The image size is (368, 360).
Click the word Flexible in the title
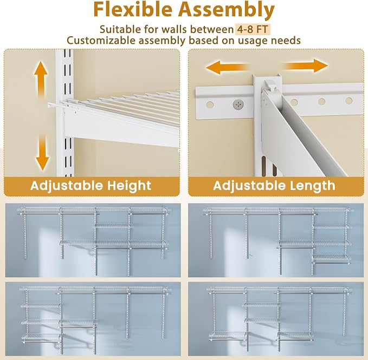[x=133, y=10]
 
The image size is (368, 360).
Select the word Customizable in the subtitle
[x=101, y=41]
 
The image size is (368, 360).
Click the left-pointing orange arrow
[x=227, y=67]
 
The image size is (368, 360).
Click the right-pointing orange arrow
[x=305, y=66]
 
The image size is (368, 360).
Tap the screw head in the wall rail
[x=238, y=104]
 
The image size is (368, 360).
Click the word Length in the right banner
[x=313, y=186]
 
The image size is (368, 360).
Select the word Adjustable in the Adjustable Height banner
[x=67, y=186]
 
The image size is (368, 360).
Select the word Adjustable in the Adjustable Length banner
[x=249, y=186]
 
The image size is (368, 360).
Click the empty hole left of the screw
[x=210, y=104]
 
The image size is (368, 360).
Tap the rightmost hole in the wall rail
[x=348, y=101]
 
